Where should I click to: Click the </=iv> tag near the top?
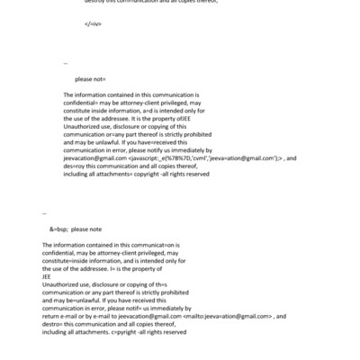[x=92, y=22]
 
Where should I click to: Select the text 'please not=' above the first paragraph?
[x=90, y=79]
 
